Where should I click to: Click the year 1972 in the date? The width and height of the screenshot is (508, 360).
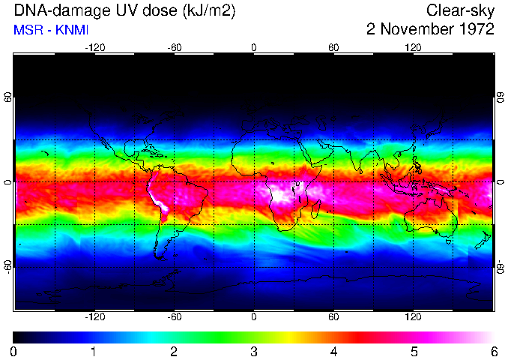click(x=474, y=30)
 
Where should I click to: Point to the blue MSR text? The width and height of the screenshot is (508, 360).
click(x=27, y=30)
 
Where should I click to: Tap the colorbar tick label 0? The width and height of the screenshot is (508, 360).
click(x=14, y=351)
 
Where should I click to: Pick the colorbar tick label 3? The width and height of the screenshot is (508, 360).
click(x=253, y=351)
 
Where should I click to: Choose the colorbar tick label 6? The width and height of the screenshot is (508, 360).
click(x=493, y=351)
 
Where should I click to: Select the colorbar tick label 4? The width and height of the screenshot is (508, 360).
click(x=333, y=351)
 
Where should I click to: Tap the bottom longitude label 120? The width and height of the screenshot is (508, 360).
click(x=413, y=317)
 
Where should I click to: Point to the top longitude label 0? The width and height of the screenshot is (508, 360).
click(x=253, y=47)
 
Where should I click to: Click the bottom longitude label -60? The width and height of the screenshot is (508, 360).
click(x=174, y=317)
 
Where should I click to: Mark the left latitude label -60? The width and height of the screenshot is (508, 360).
click(x=7, y=266)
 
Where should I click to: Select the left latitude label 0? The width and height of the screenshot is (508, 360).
click(x=7, y=182)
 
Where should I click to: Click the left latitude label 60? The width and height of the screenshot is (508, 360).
click(x=7, y=97)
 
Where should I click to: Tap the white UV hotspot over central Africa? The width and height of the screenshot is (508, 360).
click(x=284, y=194)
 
